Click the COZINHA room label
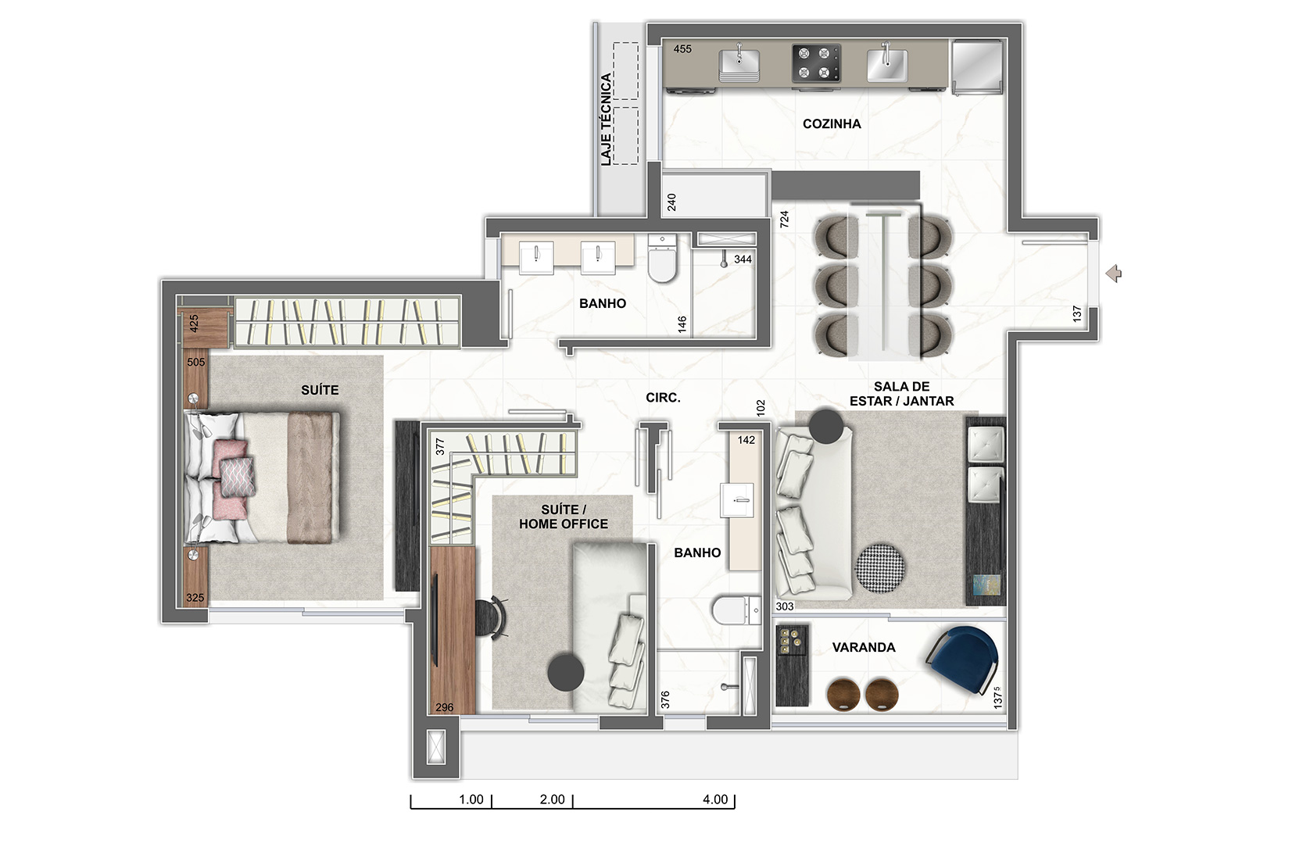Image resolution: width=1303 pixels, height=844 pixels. point(832,124)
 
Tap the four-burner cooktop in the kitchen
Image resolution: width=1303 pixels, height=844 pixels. point(816,63)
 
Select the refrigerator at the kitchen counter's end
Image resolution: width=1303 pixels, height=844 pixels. point(977,66)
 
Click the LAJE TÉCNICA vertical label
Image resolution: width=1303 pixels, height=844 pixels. point(606,120)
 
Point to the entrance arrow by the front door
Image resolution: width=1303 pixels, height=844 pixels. point(1114,274)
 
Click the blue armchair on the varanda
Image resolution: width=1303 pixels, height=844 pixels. point(962,660)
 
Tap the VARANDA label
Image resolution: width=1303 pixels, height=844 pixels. point(863,647)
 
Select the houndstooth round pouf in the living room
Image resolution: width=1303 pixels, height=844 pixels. point(879,568)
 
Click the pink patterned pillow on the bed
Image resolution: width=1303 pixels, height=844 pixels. point(237,477)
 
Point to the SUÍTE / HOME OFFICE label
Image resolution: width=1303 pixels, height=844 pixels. point(563,517)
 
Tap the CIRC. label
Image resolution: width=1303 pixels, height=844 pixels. point(663,398)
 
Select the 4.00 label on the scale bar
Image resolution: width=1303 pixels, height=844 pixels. point(715,799)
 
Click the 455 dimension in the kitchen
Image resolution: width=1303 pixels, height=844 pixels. point(682,49)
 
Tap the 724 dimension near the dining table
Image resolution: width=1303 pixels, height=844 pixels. point(784,219)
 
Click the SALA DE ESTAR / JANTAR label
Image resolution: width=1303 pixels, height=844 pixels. point(902,394)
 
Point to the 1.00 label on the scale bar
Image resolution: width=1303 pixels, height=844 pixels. point(471,799)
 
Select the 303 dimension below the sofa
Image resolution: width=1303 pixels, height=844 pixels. point(785,606)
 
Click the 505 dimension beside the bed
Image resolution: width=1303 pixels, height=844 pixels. point(196,363)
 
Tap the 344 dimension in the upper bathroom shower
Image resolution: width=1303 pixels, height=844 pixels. point(743,259)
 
